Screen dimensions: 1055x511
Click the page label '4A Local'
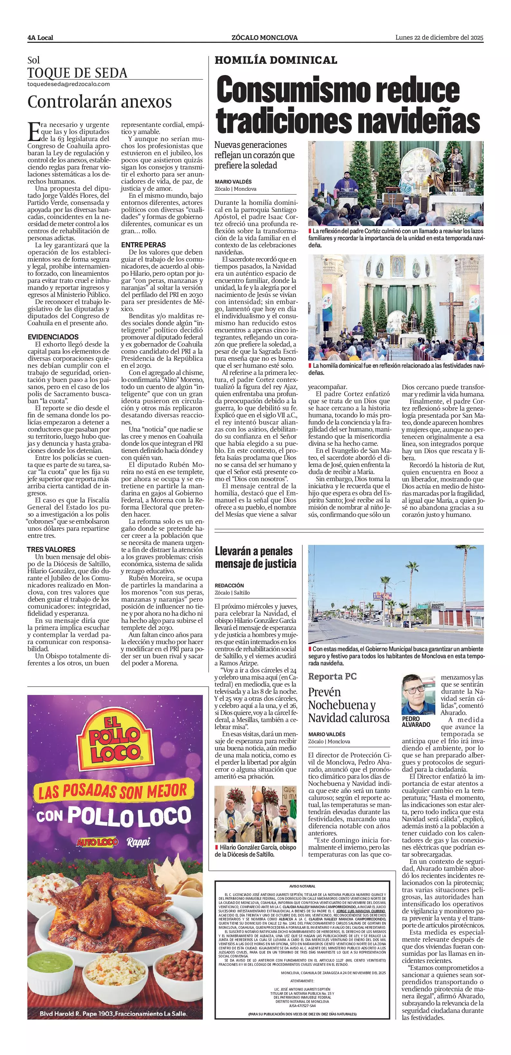pyautogui.click(x=40, y=38)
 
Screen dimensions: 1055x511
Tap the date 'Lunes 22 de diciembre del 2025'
pyautogui.click(x=439, y=38)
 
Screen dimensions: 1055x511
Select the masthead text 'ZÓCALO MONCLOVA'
pyautogui.click(x=264, y=38)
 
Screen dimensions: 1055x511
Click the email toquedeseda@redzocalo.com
pyautogui.click(x=69, y=84)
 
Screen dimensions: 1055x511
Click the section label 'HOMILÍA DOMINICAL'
pyautogui.click(x=276, y=60)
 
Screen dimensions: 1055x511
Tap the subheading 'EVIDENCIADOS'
pyautogui.click(x=53, y=337)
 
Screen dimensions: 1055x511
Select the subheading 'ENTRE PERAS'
pyautogui.click(x=137, y=245)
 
